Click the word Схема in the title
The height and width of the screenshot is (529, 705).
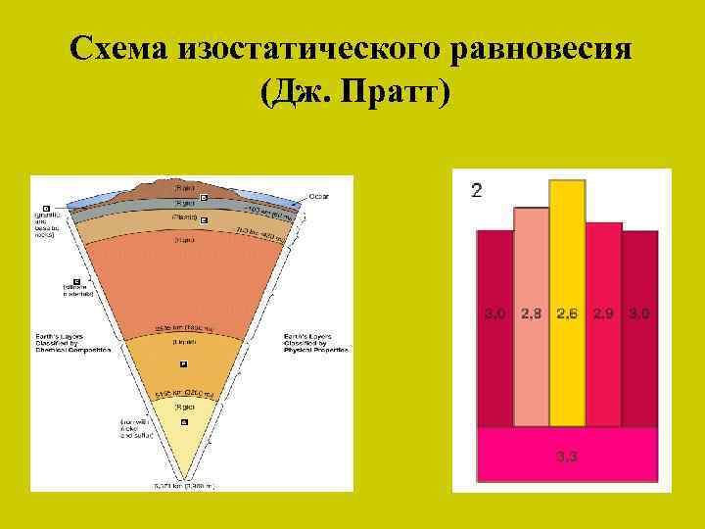[118, 48]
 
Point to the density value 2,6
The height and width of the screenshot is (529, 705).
[567, 313]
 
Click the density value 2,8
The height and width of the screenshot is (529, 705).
[531, 313]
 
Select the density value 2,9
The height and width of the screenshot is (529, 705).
[603, 313]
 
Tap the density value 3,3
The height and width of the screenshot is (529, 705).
[566, 456]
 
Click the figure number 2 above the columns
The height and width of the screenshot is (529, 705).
[477, 190]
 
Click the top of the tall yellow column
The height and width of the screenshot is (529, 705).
[567, 182]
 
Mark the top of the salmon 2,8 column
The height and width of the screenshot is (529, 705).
[531, 210]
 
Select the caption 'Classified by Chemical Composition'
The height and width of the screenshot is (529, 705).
[60, 341]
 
